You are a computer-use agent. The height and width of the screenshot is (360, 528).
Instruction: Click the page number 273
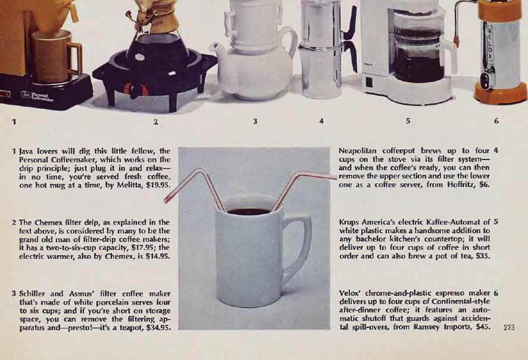pyautogui.click(x=509, y=327)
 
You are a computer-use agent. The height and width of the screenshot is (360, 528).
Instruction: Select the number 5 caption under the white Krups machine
pyautogui.click(x=408, y=121)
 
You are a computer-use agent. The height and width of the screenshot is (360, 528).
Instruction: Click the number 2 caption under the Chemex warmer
pyautogui.click(x=155, y=121)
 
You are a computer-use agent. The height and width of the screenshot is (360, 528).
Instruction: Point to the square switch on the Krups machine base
pyautogui.click(x=369, y=83)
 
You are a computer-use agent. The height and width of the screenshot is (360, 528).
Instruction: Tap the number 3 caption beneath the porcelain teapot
pyautogui.click(x=255, y=121)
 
